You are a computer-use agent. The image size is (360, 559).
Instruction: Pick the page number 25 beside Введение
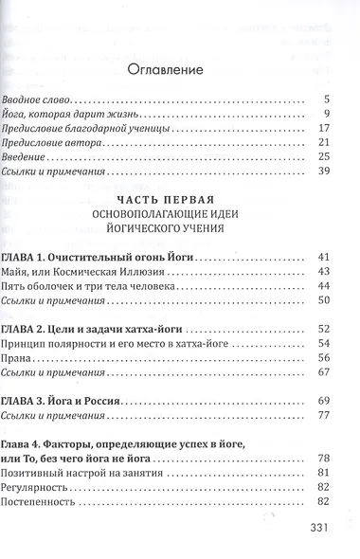[x=322, y=157]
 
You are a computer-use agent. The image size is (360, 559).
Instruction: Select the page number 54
[x=322, y=342]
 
